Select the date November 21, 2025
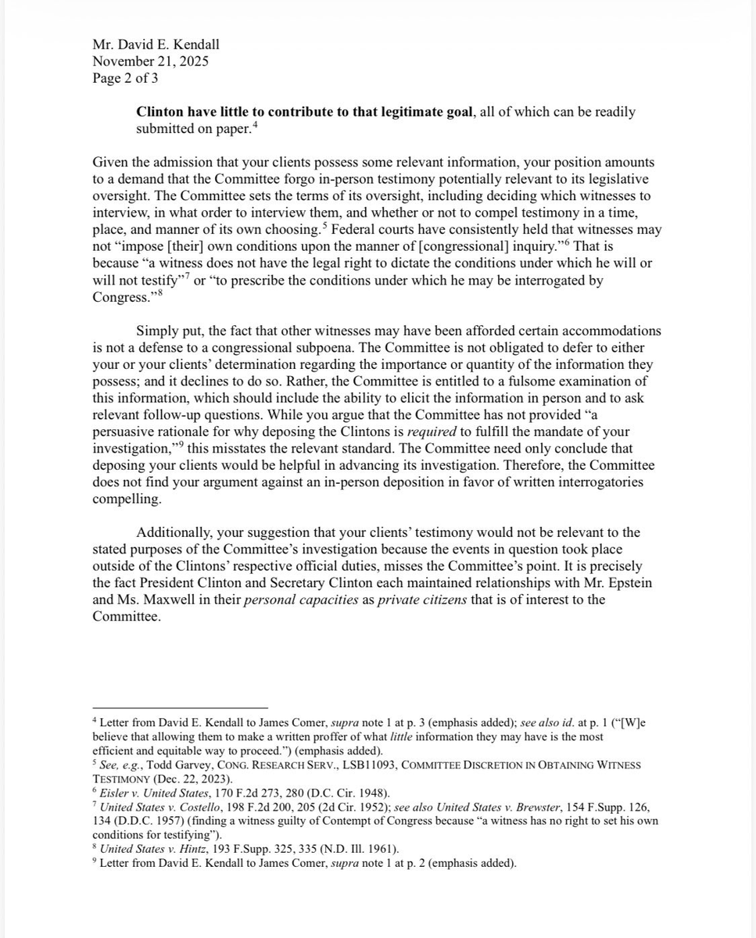point(150,61)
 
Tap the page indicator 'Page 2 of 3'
point(125,78)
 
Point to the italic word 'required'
point(454,431)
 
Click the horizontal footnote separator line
point(180,707)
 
